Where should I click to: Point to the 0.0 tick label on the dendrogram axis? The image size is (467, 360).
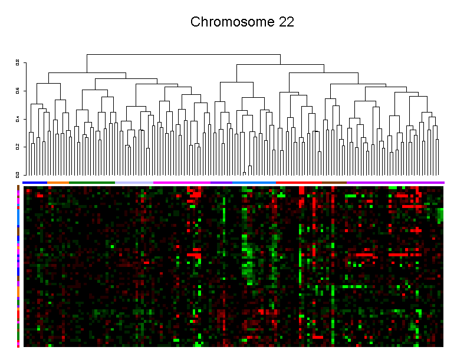(x=18, y=174)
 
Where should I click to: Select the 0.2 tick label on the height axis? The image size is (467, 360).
(x=18, y=147)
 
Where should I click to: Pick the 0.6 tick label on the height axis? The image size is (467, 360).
(x=18, y=91)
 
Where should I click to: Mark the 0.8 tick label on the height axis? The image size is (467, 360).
(x=18, y=62)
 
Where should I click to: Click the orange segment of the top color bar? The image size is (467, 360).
(x=58, y=183)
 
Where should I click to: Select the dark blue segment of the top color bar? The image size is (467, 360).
(x=34, y=183)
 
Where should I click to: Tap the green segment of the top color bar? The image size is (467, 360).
(x=91, y=183)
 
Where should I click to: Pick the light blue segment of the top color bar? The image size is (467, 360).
(x=254, y=183)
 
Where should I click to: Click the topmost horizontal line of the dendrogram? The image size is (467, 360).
(x=183, y=55)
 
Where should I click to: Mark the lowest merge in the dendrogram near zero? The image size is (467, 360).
(x=245, y=172)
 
